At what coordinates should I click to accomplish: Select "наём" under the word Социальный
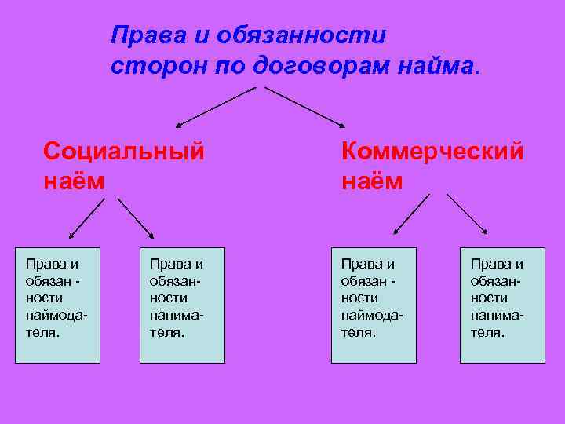[x=75, y=181]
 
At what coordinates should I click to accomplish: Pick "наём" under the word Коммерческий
[x=372, y=181]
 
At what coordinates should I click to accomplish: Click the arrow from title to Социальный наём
[x=216, y=107]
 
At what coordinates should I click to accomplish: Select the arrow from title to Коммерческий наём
[x=304, y=107]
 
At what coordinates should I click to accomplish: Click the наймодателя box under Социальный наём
[x=58, y=305]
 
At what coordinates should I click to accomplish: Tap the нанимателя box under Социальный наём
[x=182, y=305]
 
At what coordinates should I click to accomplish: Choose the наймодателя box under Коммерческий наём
[x=374, y=305]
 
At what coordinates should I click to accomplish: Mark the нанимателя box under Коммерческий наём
[x=502, y=305]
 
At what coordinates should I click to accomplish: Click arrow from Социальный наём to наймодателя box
[x=86, y=218]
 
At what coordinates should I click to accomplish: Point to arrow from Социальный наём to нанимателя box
[x=136, y=217]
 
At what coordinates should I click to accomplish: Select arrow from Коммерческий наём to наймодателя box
[x=412, y=214]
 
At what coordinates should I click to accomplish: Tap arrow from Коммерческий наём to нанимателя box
[x=466, y=214]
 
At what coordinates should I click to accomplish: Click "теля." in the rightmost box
[x=488, y=332]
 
